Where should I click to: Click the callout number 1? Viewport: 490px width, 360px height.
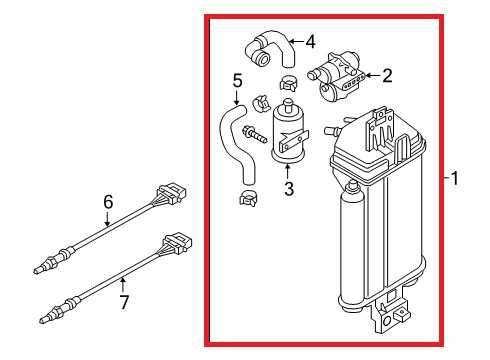click(454, 178)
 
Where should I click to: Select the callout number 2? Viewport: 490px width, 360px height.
click(387, 76)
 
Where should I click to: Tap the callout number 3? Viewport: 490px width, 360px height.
click(289, 188)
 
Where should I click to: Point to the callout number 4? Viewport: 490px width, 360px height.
click(310, 42)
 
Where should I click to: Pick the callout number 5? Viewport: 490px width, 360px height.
click(237, 81)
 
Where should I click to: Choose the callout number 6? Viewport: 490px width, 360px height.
click(108, 202)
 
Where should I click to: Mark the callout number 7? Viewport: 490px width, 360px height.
click(124, 302)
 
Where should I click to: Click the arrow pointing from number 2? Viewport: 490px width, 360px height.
click(373, 76)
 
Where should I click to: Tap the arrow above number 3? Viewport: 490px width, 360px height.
click(287, 171)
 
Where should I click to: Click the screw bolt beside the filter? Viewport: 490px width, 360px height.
click(255, 134)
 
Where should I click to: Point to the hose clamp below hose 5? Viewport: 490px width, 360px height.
click(248, 198)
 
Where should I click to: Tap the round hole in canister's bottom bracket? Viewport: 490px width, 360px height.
click(387, 321)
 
